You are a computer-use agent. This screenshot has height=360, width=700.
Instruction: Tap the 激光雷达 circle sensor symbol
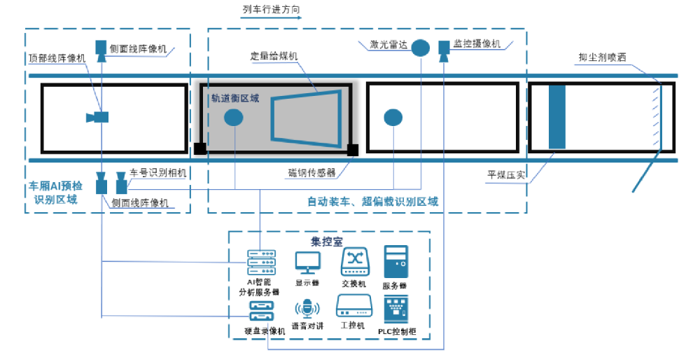point(419,48)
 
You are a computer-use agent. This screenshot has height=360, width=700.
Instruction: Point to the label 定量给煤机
point(274,56)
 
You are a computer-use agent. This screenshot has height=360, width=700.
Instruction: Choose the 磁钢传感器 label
point(312,172)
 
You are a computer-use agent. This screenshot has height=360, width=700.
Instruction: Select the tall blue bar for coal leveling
point(556,116)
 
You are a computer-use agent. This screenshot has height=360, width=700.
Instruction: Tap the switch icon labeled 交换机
point(353,263)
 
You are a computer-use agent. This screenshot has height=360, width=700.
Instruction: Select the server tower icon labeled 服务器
point(395,263)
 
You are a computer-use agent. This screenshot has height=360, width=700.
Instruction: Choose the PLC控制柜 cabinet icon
point(397,309)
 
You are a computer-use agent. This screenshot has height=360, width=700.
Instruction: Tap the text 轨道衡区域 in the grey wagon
point(235,99)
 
